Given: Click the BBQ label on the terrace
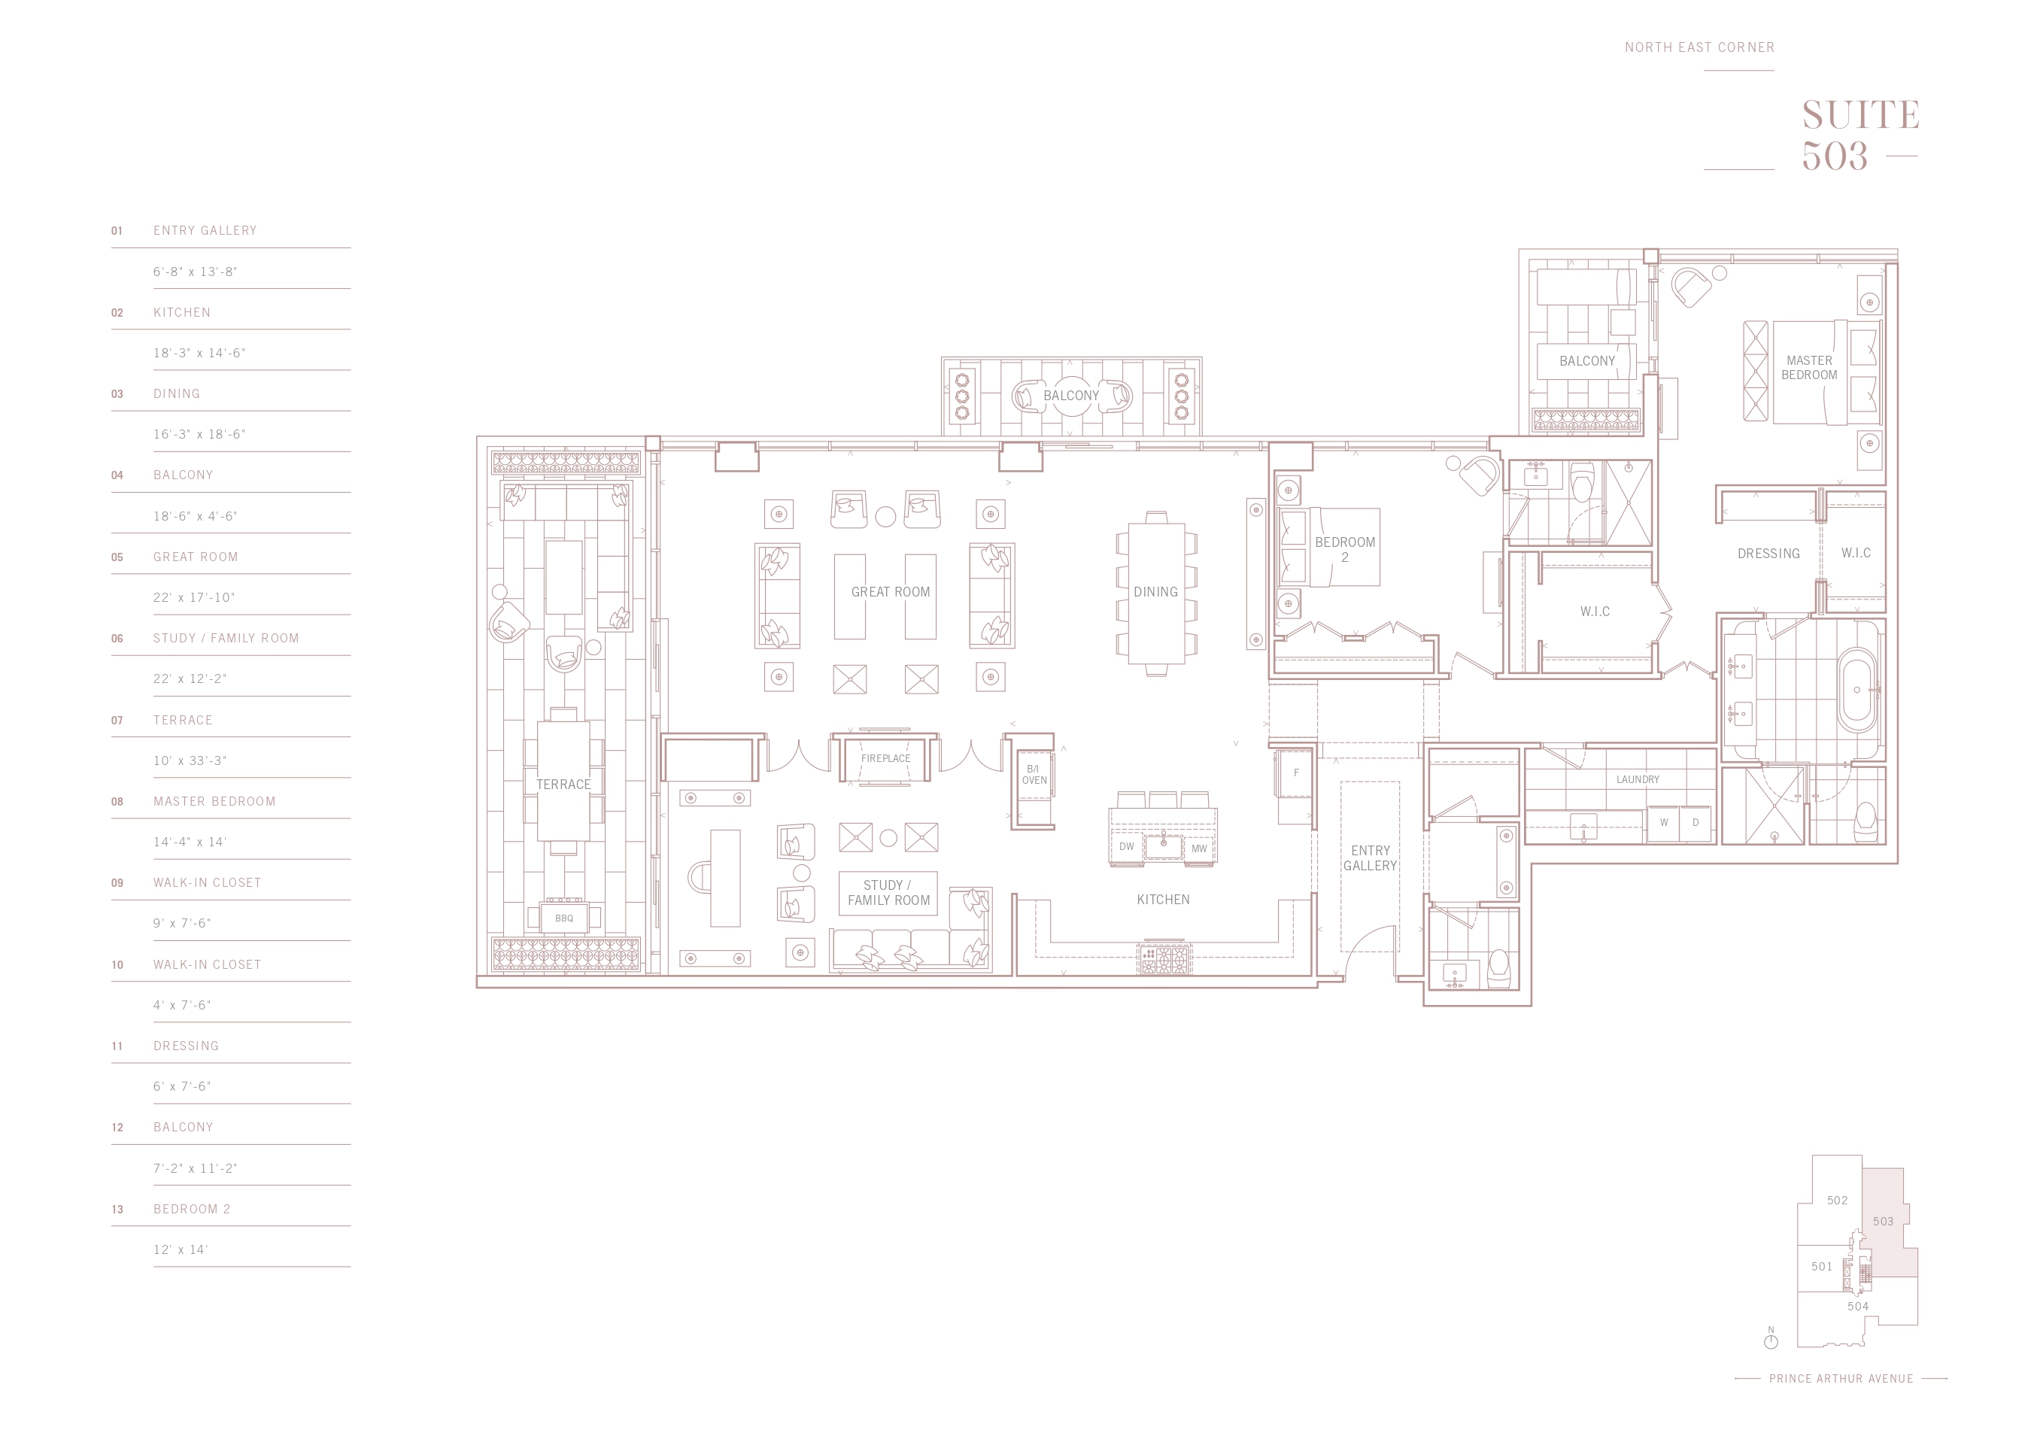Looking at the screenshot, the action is click(x=563, y=918).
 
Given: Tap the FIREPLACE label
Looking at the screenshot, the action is click(x=885, y=758).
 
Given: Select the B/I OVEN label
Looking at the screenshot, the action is click(x=1034, y=775).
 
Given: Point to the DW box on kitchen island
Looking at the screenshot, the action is click(x=1126, y=847).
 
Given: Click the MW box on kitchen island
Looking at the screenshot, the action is click(x=1199, y=848).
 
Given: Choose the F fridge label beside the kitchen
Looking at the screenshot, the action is click(x=1295, y=773).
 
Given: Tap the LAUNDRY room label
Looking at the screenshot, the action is click(x=1638, y=780).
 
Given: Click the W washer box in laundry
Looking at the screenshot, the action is click(x=1663, y=823).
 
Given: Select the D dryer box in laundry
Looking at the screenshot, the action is click(x=1696, y=823).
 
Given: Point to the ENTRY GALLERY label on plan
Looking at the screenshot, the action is click(x=1370, y=858).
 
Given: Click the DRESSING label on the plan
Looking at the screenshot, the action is click(x=1768, y=554).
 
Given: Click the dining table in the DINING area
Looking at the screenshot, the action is click(x=1155, y=594).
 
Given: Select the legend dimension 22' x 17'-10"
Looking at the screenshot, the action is click(x=194, y=597).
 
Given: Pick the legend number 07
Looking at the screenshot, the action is click(x=117, y=721).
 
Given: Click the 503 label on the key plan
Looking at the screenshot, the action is click(x=1883, y=1221).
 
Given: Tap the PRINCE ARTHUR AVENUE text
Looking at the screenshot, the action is click(x=1841, y=1379).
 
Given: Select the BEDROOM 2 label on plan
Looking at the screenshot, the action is click(x=1345, y=549).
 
